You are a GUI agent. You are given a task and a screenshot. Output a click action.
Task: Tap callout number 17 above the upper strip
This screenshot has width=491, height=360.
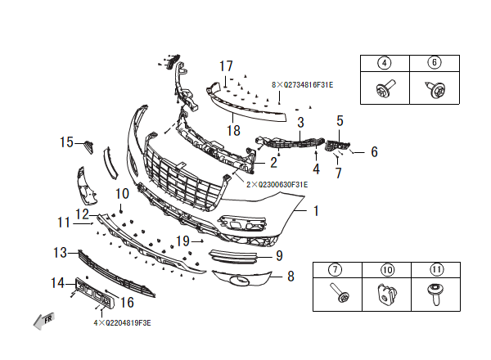[226, 65]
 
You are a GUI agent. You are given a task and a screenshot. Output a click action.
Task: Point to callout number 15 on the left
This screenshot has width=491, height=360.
[67, 143]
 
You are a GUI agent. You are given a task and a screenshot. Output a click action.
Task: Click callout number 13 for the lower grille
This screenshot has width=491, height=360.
[61, 252]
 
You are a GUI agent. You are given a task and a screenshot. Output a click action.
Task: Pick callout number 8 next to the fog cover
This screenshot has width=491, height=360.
[290, 277]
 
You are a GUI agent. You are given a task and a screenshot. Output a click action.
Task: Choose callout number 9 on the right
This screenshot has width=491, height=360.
[278, 255]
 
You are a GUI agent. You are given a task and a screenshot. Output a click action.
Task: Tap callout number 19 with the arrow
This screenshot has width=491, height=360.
[183, 241]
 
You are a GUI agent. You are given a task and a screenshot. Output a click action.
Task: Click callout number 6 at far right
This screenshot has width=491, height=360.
[374, 151]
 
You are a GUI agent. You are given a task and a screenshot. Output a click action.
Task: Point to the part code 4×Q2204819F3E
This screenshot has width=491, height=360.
[122, 322]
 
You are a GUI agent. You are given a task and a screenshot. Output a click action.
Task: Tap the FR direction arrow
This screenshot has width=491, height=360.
[43, 320]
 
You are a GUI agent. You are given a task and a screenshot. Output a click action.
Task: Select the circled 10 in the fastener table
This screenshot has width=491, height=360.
[387, 269]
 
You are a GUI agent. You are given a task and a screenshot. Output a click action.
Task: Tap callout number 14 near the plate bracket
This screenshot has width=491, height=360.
[57, 283]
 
